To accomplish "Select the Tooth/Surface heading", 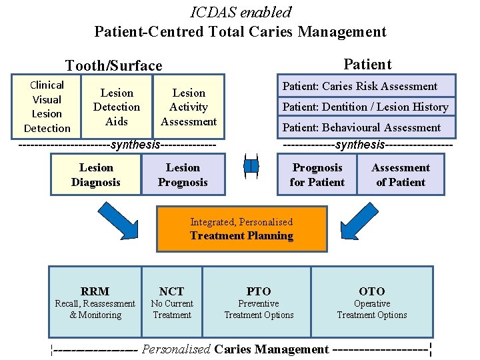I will point(113,65).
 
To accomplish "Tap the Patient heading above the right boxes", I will point(367,64).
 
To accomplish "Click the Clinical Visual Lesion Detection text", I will point(47,107).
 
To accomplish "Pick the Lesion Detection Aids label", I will point(117,107).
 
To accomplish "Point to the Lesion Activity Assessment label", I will point(189,107).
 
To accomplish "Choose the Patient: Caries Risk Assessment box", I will point(366,86).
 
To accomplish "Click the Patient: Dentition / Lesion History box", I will point(366,107).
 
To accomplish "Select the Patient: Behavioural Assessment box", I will point(366,127).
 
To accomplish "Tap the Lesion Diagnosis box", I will point(96,175).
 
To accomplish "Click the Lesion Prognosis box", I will point(183,175).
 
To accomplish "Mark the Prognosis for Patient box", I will point(317,175).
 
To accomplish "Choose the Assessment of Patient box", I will point(401,175).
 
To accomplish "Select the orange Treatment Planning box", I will point(241,229).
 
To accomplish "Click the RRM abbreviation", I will point(95,291).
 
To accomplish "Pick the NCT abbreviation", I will point(171,291).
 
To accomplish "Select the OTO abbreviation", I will point(371,291).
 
